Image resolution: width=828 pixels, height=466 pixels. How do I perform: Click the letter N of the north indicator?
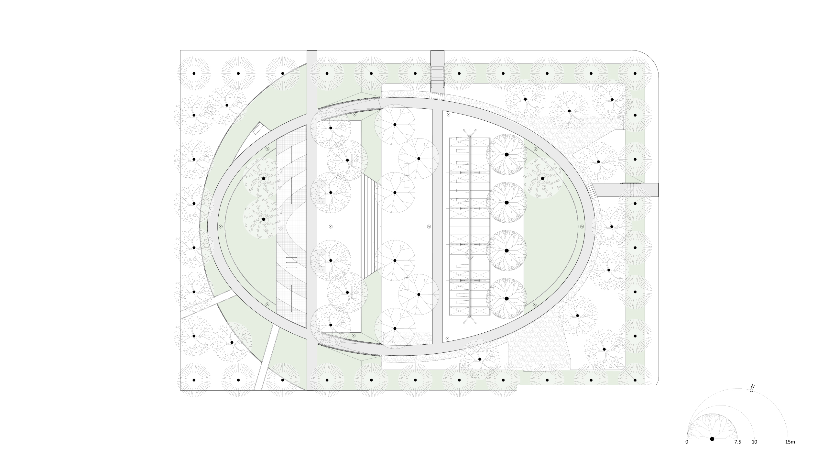[x=753, y=386]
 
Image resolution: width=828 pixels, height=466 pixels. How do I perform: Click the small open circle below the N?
[x=751, y=390]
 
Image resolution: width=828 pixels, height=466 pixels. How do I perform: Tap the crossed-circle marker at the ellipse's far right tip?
[x=582, y=227]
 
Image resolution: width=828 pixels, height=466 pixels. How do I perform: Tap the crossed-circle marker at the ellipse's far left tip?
[x=221, y=227]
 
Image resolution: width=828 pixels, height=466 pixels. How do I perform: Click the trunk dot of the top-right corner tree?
[x=635, y=73]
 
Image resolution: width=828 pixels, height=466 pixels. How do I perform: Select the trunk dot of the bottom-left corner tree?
[x=194, y=380]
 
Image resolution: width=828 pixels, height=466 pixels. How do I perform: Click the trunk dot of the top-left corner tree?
[x=194, y=73]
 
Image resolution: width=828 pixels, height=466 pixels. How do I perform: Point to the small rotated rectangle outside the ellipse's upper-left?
[x=257, y=129]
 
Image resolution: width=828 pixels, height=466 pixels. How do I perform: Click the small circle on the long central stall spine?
[x=470, y=255]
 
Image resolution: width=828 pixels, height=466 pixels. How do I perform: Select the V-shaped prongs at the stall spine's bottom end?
[x=470, y=321]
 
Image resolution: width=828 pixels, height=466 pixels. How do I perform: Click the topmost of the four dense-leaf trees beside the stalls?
[x=507, y=155]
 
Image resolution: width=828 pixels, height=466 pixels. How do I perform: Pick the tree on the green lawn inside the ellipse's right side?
[x=542, y=178]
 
